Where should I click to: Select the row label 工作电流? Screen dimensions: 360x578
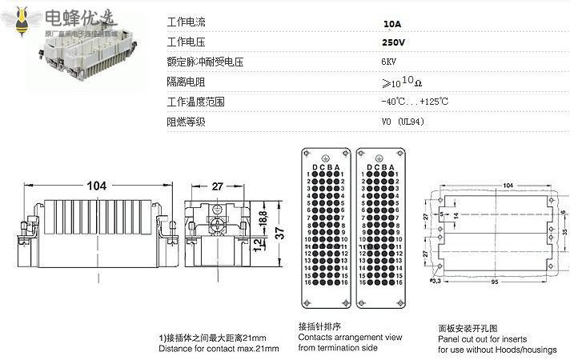pos(185,23)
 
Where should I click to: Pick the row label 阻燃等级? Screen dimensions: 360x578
pos(185,122)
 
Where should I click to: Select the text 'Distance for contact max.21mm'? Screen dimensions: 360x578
pos(219,349)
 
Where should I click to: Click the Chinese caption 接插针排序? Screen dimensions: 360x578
pos(320,326)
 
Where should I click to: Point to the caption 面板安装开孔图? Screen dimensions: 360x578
pos(468,328)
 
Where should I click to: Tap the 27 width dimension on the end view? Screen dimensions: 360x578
pos(217,186)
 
